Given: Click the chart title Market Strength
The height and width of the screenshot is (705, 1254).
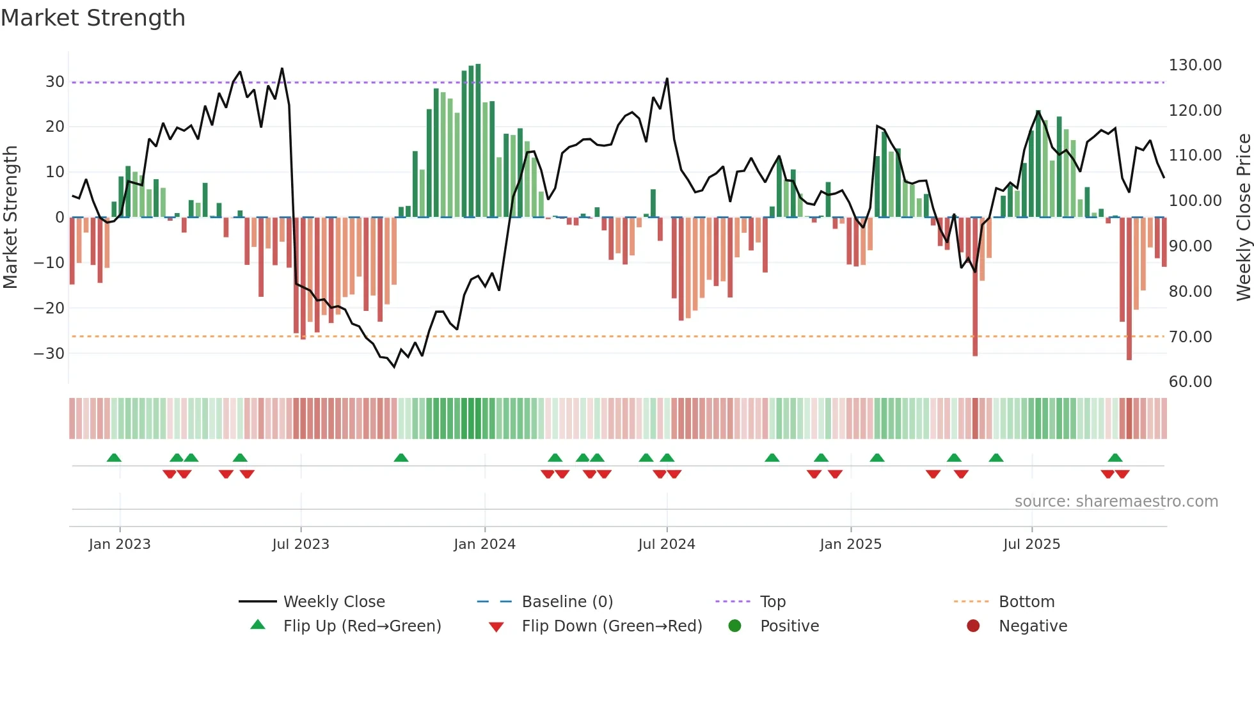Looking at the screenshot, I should (x=93, y=18).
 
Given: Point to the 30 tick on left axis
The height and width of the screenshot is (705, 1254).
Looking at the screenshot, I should (x=55, y=82).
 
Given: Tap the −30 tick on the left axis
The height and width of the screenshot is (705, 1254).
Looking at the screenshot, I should (x=50, y=354).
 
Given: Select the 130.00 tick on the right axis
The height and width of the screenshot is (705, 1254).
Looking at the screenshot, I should (x=1194, y=65).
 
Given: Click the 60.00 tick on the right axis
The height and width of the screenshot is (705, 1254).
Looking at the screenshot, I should (x=1190, y=382).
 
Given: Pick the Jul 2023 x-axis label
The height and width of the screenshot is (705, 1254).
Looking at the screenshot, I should (x=300, y=544).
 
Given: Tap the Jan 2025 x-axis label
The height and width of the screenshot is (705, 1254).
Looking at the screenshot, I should (x=850, y=544).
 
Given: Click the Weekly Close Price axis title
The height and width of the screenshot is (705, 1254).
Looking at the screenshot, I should (x=1243, y=218).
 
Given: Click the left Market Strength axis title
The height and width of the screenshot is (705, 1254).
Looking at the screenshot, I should (x=11, y=218).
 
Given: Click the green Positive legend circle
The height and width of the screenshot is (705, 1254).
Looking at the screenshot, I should (x=734, y=626).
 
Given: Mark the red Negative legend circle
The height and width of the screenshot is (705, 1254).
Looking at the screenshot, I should (x=973, y=626).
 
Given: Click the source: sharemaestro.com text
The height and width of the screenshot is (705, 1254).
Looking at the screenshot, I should (x=1116, y=502).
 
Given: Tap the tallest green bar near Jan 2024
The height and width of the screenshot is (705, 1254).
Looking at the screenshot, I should (x=478, y=141).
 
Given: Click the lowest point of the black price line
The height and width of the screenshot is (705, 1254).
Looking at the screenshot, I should (x=394, y=367).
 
